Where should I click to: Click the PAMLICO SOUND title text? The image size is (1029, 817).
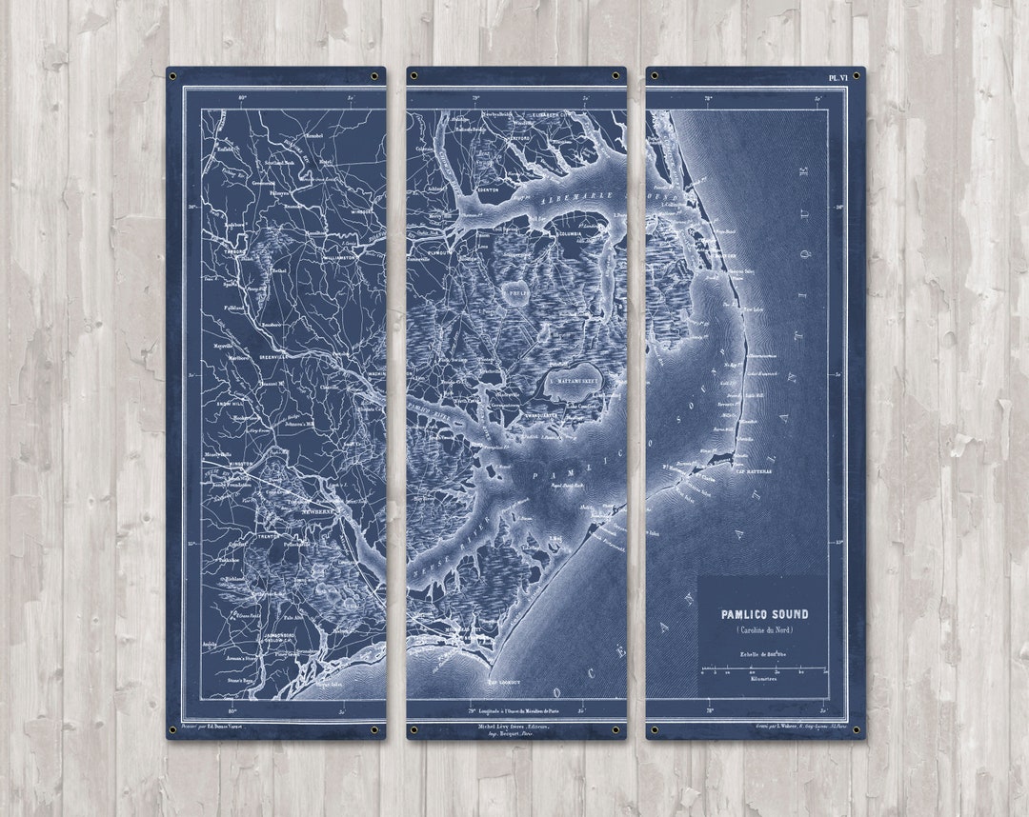[764, 614]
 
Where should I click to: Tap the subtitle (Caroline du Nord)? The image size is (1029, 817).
[764, 630]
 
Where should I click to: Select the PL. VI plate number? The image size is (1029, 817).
[838, 78]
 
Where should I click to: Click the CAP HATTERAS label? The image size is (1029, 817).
[752, 468]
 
